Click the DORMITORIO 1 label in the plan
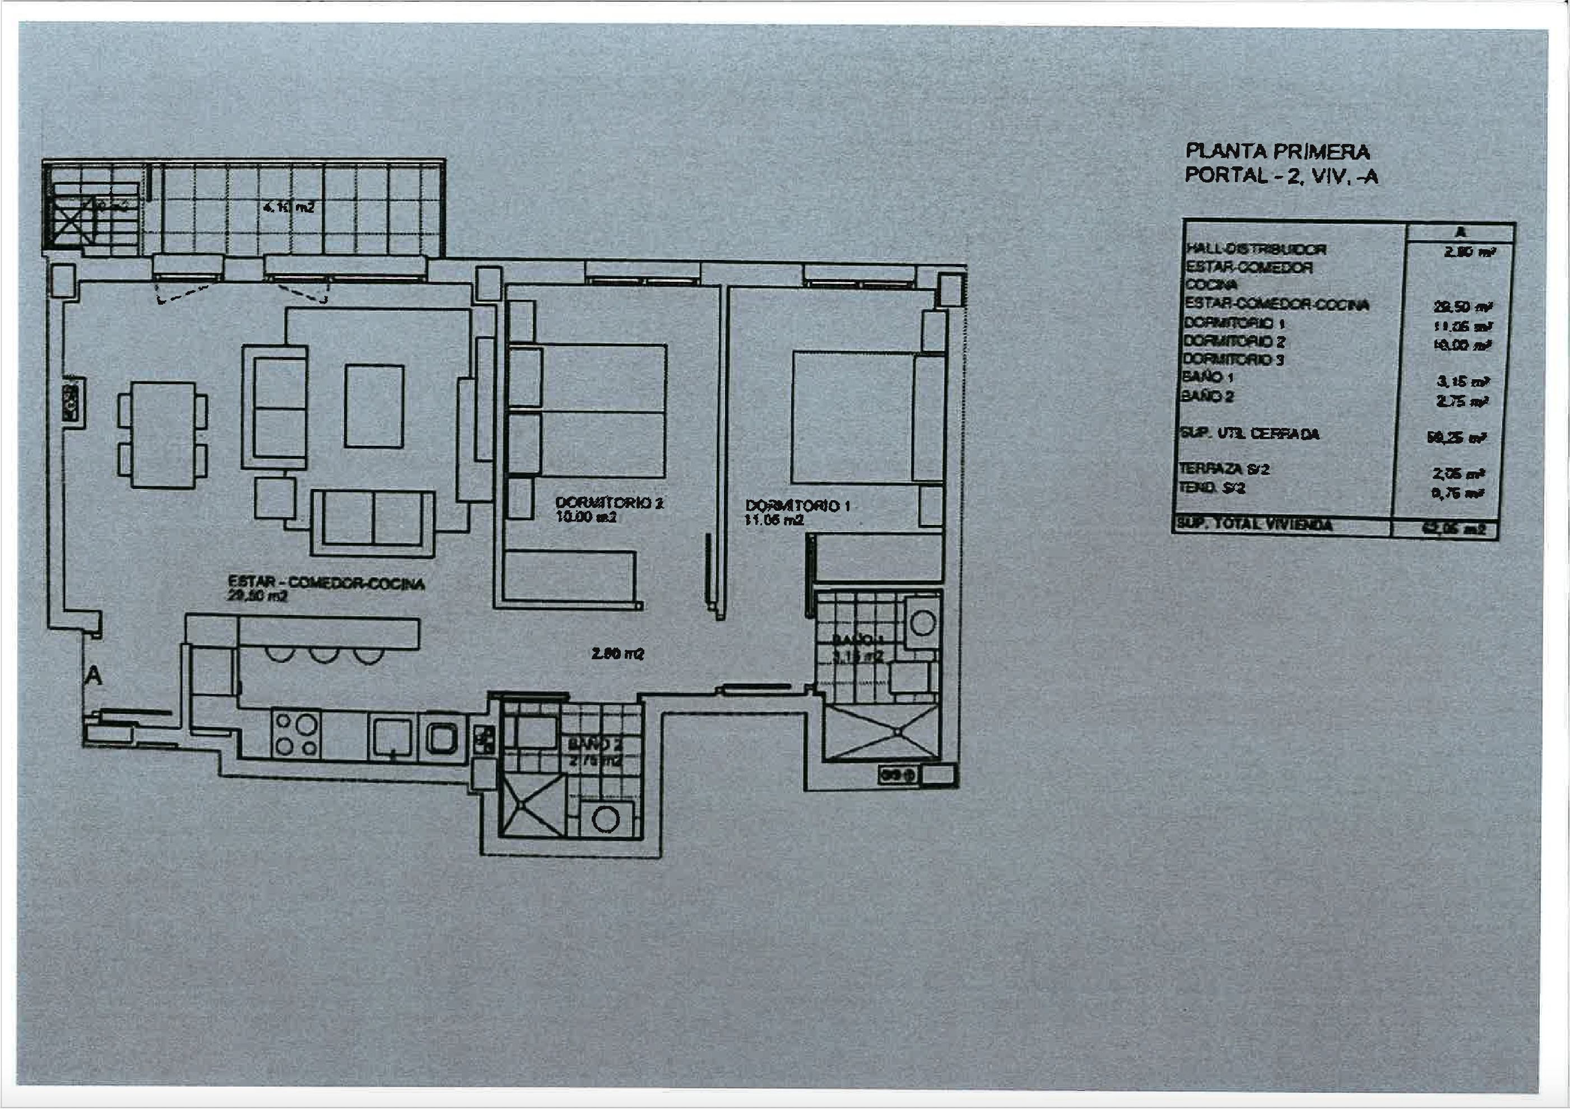[797, 506]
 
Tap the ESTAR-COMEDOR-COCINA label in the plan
[326, 583]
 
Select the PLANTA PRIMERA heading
[1276, 152]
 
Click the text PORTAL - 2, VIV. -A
[1281, 176]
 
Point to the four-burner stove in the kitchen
[296, 735]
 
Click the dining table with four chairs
[162, 434]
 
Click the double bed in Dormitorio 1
[853, 417]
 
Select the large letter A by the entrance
[93, 675]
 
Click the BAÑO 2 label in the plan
[595, 744]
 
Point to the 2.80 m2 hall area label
[617, 654]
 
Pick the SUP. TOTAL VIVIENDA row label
[1254, 525]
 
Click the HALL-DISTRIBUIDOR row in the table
[1256, 250]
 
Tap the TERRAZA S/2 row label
[1224, 469]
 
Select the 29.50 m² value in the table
[1462, 307]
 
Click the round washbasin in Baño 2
[605, 819]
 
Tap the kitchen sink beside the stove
[392, 738]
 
